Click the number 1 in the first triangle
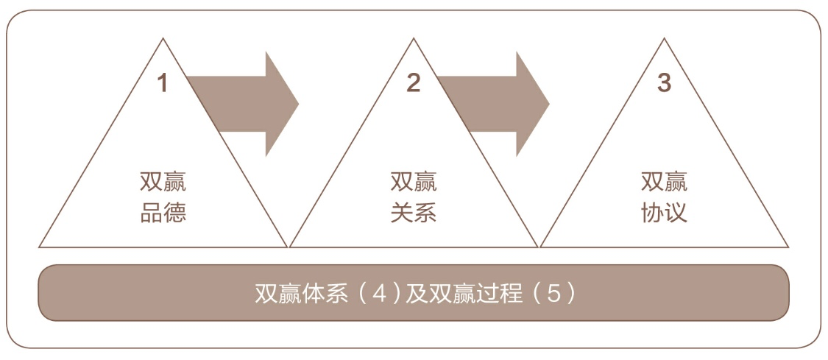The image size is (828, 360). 163,83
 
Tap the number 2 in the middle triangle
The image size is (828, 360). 413,83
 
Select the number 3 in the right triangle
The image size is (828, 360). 664,83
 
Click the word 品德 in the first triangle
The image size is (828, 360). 163,212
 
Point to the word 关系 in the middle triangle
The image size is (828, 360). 413,212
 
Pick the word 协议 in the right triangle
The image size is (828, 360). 664,212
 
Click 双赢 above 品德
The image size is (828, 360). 163,181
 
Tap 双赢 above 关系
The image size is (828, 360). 413,181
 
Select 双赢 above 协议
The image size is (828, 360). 664,181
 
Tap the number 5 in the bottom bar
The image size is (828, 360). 553,293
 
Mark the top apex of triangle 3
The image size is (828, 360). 664,39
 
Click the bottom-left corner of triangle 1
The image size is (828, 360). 40,247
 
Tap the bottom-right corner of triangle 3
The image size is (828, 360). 788,247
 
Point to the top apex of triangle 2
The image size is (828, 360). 413,39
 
